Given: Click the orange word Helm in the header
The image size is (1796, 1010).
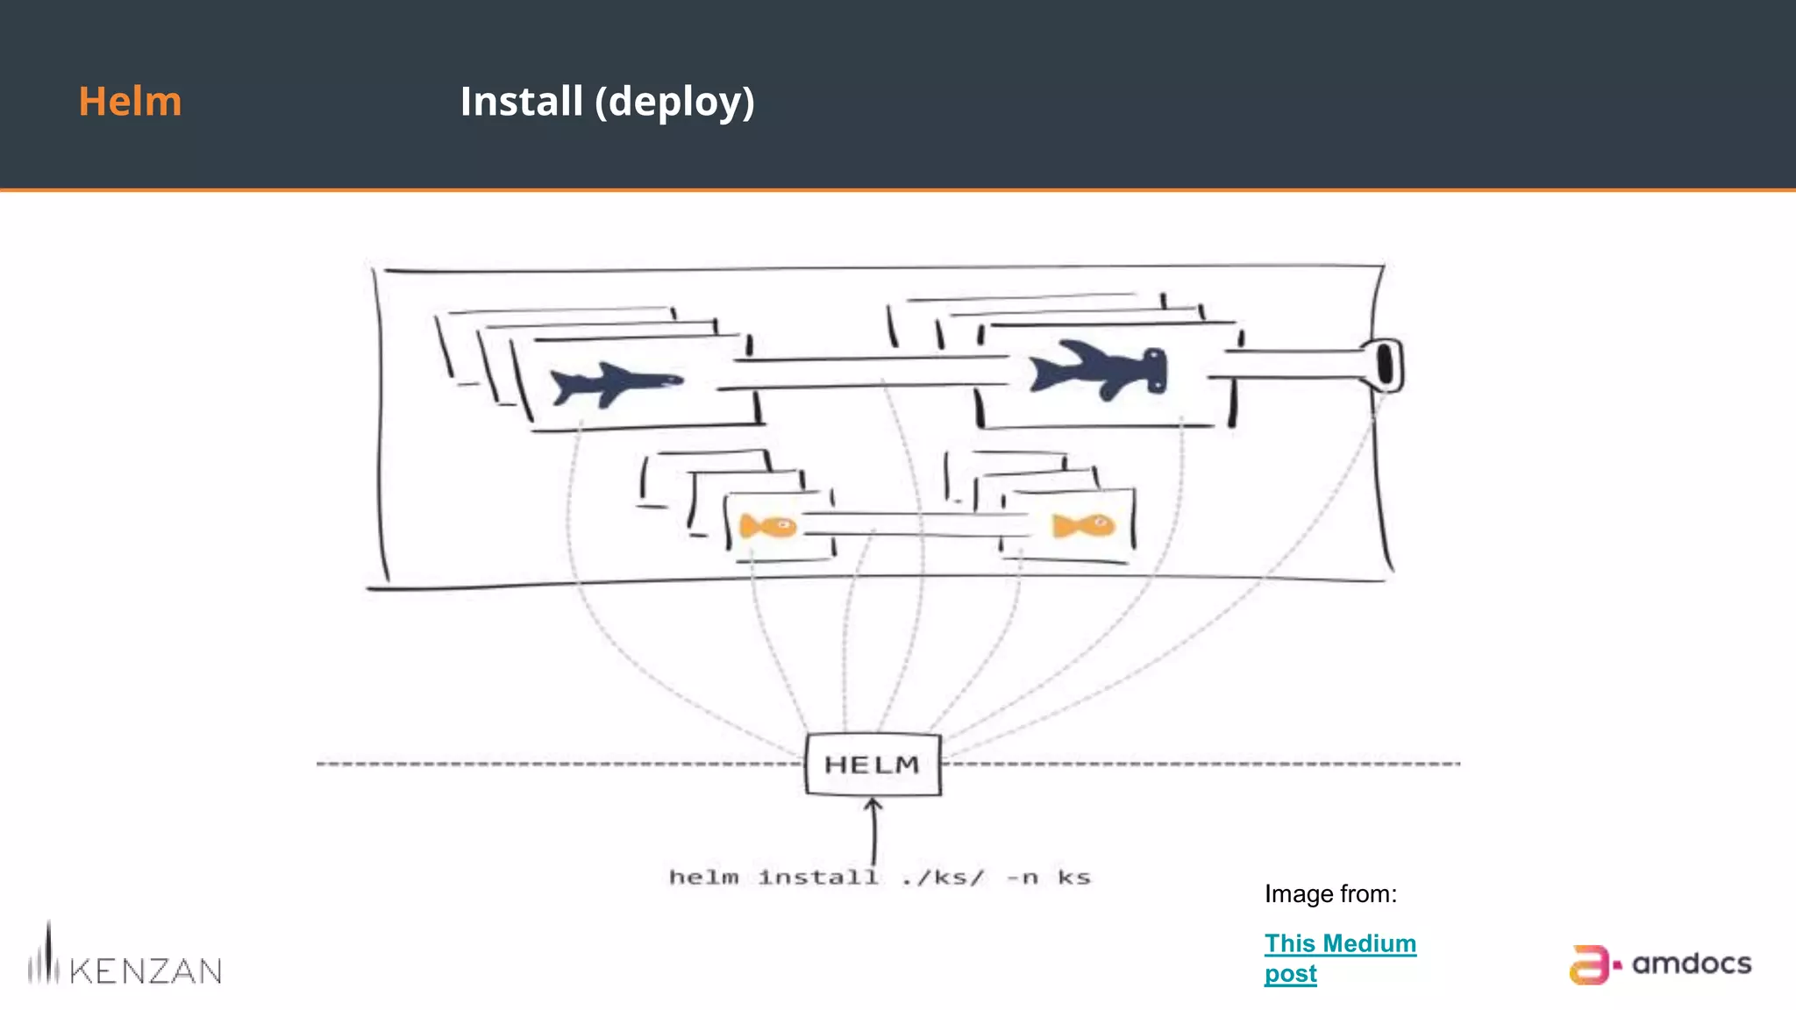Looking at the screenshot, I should (x=130, y=101).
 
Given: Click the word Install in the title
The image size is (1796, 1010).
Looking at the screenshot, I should (x=521, y=101).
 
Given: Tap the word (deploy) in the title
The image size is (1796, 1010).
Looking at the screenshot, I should (x=674, y=103).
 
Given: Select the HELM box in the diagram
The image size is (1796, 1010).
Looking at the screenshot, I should (x=873, y=765).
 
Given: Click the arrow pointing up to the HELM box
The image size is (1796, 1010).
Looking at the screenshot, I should (x=873, y=829).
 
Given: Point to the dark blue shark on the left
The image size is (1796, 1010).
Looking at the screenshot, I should (x=615, y=383).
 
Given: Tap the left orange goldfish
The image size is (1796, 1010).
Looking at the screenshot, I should (x=767, y=526).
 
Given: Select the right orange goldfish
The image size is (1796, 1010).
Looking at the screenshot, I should (x=1083, y=525).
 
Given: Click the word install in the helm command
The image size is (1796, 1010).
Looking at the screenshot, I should (x=817, y=877).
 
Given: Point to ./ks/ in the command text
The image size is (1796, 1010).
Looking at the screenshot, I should (x=943, y=877).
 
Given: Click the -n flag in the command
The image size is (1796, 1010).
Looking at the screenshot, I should (x=1022, y=877).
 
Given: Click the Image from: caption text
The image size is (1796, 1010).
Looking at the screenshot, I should (x=1330, y=894).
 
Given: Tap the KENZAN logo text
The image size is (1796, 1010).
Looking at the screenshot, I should (x=145, y=971).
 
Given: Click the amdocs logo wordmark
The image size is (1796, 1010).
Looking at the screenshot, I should (x=1691, y=964).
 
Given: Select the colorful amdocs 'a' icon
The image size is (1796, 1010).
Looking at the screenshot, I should (x=1589, y=964).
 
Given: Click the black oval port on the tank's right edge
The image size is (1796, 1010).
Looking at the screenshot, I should (x=1386, y=365).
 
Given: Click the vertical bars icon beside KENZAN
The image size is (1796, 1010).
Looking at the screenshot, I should (x=44, y=957).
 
